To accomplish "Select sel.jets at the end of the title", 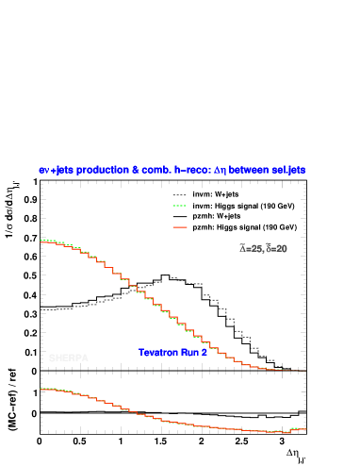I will (286, 170).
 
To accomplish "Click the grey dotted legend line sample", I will (180, 196).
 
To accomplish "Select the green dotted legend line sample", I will (180, 206).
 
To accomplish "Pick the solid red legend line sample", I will (180, 227).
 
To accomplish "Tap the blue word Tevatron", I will (159, 353).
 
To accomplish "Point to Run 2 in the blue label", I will (194, 353).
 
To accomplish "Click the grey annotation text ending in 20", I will (264, 249).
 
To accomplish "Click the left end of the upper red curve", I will (41, 241).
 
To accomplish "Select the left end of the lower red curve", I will (41, 389).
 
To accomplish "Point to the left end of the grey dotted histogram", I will (41, 309).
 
